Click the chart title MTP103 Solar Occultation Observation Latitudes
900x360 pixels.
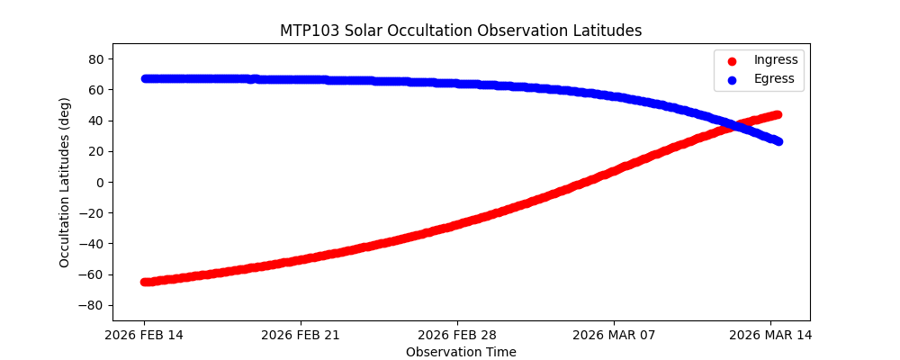461,31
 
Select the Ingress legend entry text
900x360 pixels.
775,60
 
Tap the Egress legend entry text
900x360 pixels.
774,79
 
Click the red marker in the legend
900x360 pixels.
732,61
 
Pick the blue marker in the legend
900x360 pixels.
732,80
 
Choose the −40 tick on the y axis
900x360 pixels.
94,244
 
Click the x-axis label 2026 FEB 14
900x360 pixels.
144,336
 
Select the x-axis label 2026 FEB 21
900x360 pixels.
301,336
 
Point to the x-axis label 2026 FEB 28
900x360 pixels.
457,336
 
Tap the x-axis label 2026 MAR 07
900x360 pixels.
614,336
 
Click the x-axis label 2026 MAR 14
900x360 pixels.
770,336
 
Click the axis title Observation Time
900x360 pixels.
461,352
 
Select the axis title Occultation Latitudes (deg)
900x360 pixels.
65,182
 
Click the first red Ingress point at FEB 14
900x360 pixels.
146,282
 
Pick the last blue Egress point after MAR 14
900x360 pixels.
778,141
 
